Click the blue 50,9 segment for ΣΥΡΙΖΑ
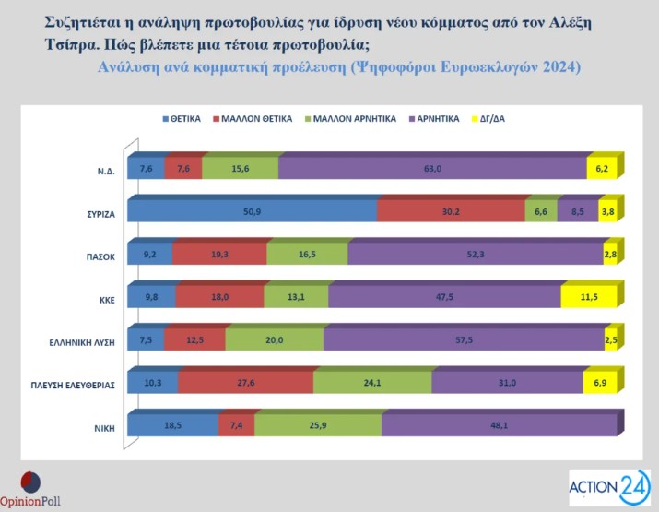point(252,211)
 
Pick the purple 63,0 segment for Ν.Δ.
point(432,169)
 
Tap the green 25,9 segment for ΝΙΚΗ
point(318,425)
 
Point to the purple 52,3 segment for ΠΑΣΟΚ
point(476,255)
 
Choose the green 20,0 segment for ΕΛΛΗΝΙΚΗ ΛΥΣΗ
point(275,340)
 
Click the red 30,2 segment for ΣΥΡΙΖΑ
point(451,211)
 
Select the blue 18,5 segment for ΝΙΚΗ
point(172,425)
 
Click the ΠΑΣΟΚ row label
point(96,257)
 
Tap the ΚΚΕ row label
point(102,300)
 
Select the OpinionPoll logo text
point(32,503)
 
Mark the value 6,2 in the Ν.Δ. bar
point(603,169)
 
